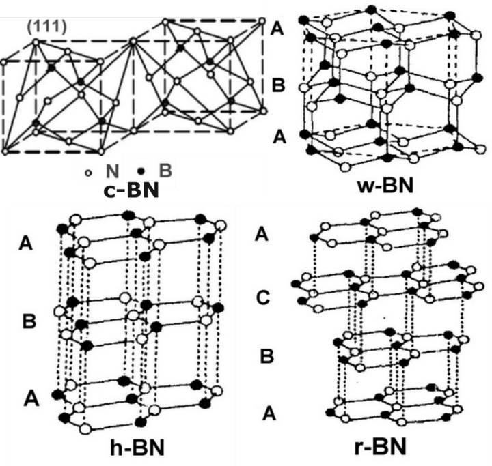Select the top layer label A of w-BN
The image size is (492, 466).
click(278, 28)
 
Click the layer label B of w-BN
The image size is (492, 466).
click(278, 86)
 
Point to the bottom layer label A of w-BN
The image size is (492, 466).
click(278, 136)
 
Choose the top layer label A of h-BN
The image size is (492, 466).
click(27, 242)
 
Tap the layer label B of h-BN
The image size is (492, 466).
click(29, 321)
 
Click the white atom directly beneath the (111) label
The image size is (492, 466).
click(36, 42)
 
